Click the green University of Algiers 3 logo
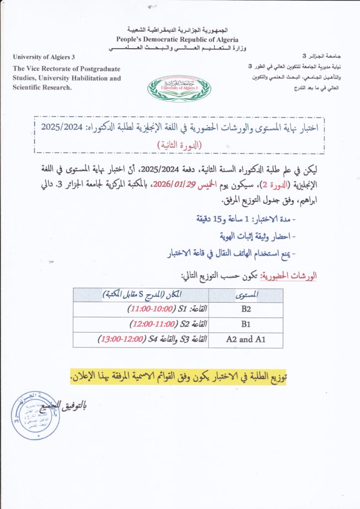tap(179, 88)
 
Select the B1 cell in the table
tap(247, 325)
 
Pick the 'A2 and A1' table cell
tap(247, 339)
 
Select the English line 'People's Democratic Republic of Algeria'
tap(178, 39)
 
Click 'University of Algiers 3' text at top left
tap(44, 57)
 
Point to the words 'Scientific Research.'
tap(42, 87)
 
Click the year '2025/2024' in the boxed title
tap(59, 127)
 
